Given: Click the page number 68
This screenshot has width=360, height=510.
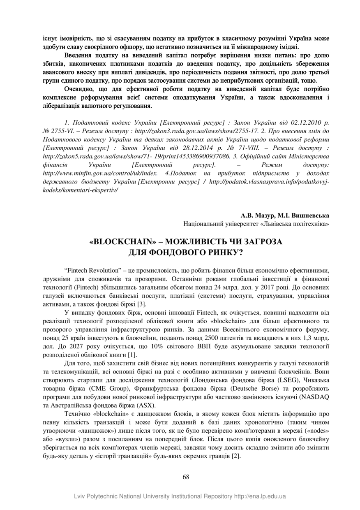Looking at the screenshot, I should tap(186, 477).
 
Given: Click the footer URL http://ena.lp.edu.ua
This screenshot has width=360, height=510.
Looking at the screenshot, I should tap(260, 496).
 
